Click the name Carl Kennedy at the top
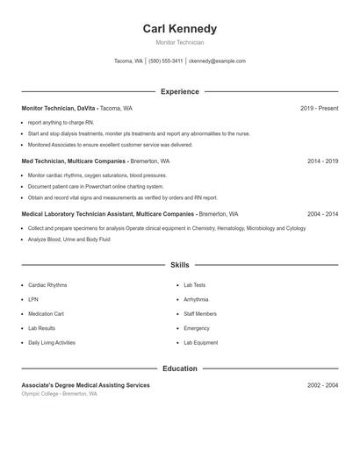pyautogui.click(x=179, y=28)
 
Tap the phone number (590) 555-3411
pyautogui.click(x=165, y=61)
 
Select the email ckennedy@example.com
pyautogui.click(x=217, y=61)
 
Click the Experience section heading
pyautogui.click(x=179, y=91)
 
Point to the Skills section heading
pyautogui.click(x=179, y=264)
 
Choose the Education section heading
pyautogui.click(x=179, y=368)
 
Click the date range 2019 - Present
pyautogui.click(x=319, y=108)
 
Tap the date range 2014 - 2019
pyautogui.click(x=322, y=161)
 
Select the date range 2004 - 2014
pyautogui.click(x=322, y=214)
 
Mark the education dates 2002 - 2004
pyautogui.click(x=322, y=385)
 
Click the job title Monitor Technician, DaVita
pyautogui.click(x=58, y=108)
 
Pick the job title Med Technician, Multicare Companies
pyautogui.click(x=74, y=161)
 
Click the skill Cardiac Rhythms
pyautogui.click(x=47, y=285)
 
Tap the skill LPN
pyautogui.click(x=33, y=299)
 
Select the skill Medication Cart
pyautogui.click(x=46, y=313)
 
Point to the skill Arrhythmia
pyautogui.click(x=196, y=299)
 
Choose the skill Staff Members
pyautogui.click(x=200, y=313)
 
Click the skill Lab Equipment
pyautogui.click(x=200, y=342)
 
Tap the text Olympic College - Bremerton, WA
pyautogui.click(x=59, y=394)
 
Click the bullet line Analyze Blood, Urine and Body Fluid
pyautogui.click(x=68, y=239)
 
